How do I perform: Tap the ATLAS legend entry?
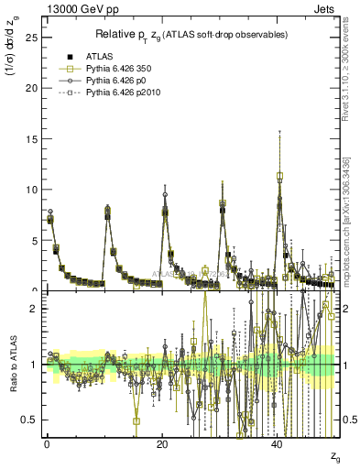100,56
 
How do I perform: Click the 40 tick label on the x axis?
278,444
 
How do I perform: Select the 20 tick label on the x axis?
162,444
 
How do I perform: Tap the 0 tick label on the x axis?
47,444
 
